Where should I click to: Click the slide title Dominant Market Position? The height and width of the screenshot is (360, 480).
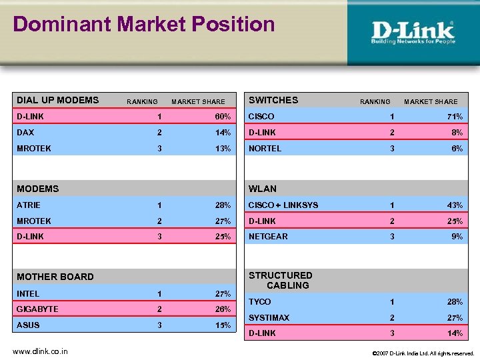(x=144, y=25)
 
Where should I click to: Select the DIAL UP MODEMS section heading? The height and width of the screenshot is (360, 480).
(x=58, y=101)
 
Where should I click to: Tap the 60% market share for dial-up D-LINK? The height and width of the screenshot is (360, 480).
(x=223, y=117)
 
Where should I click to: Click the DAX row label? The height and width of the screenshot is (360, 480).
(x=25, y=133)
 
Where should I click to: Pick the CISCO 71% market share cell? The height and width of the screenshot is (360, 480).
(x=455, y=117)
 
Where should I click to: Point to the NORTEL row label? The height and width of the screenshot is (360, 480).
(x=265, y=149)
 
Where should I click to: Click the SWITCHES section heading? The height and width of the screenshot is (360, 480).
(x=273, y=101)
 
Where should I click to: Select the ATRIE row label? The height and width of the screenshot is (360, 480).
(x=29, y=205)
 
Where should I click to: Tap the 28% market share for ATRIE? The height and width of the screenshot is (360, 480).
(x=223, y=205)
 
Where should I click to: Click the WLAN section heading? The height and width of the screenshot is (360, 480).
(x=263, y=189)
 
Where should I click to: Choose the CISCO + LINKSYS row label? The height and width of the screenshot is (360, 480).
(x=283, y=205)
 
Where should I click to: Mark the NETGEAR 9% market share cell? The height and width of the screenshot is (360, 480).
(x=457, y=237)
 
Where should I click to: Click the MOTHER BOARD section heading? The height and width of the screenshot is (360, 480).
(x=55, y=277)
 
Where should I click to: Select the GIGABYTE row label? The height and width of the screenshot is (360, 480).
(x=38, y=309)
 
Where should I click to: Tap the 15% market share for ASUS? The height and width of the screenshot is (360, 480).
(x=223, y=325)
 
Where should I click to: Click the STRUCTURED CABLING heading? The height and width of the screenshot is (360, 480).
(x=281, y=280)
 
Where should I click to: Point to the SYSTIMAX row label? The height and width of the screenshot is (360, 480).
(x=269, y=318)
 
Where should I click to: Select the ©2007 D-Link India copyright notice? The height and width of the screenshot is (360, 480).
(x=423, y=353)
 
